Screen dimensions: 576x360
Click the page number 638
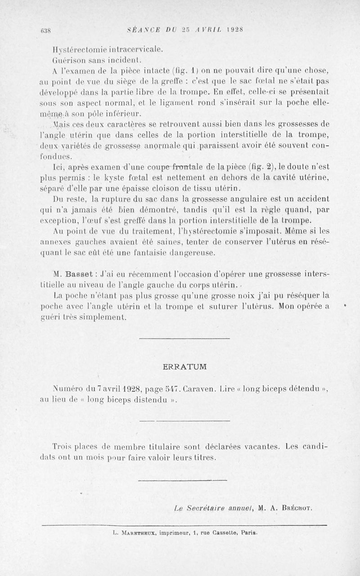[44, 31]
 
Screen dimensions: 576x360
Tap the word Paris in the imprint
[248, 534]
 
